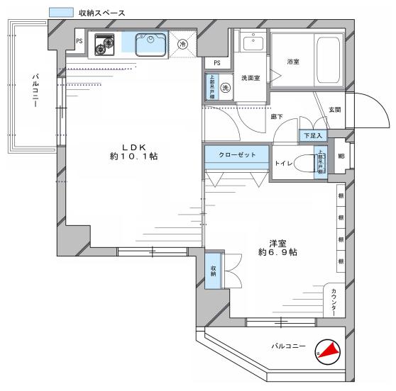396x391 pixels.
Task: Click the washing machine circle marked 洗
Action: click(x=225, y=89)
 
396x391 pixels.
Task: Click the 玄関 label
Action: click(x=334, y=109)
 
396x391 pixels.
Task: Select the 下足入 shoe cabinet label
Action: click(x=312, y=135)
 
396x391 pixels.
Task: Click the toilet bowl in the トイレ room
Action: click(x=305, y=164)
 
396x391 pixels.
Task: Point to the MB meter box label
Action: click(x=341, y=156)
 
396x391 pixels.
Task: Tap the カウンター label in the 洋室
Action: click(x=334, y=299)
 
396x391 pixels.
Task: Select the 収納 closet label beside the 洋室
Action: click(x=213, y=270)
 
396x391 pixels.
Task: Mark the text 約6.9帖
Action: click(x=277, y=252)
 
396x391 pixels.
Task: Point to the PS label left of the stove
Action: click(x=79, y=42)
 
